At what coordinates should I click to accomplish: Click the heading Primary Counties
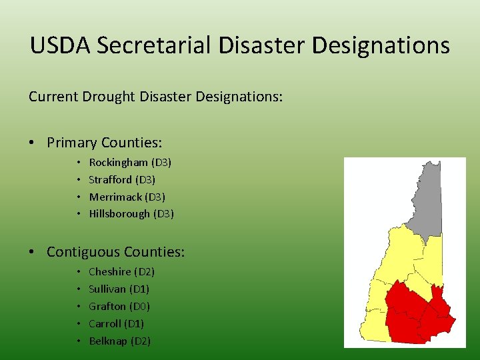[x=105, y=143]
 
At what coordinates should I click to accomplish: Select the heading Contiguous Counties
[x=115, y=252]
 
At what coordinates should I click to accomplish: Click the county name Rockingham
[x=118, y=163]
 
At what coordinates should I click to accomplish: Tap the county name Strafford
[x=110, y=180]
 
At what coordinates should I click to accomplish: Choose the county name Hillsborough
[x=119, y=214]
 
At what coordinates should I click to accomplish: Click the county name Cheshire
[x=109, y=272]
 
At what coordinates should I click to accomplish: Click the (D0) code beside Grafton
[x=139, y=307]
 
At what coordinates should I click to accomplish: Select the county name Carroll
[x=105, y=324]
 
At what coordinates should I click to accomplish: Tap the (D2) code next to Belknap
[x=141, y=341]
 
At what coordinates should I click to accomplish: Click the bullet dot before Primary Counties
[x=33, y=143]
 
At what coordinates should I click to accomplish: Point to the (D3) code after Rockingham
[x=161, y=163]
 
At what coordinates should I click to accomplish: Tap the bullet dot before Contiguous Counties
[x=33, y=253]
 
